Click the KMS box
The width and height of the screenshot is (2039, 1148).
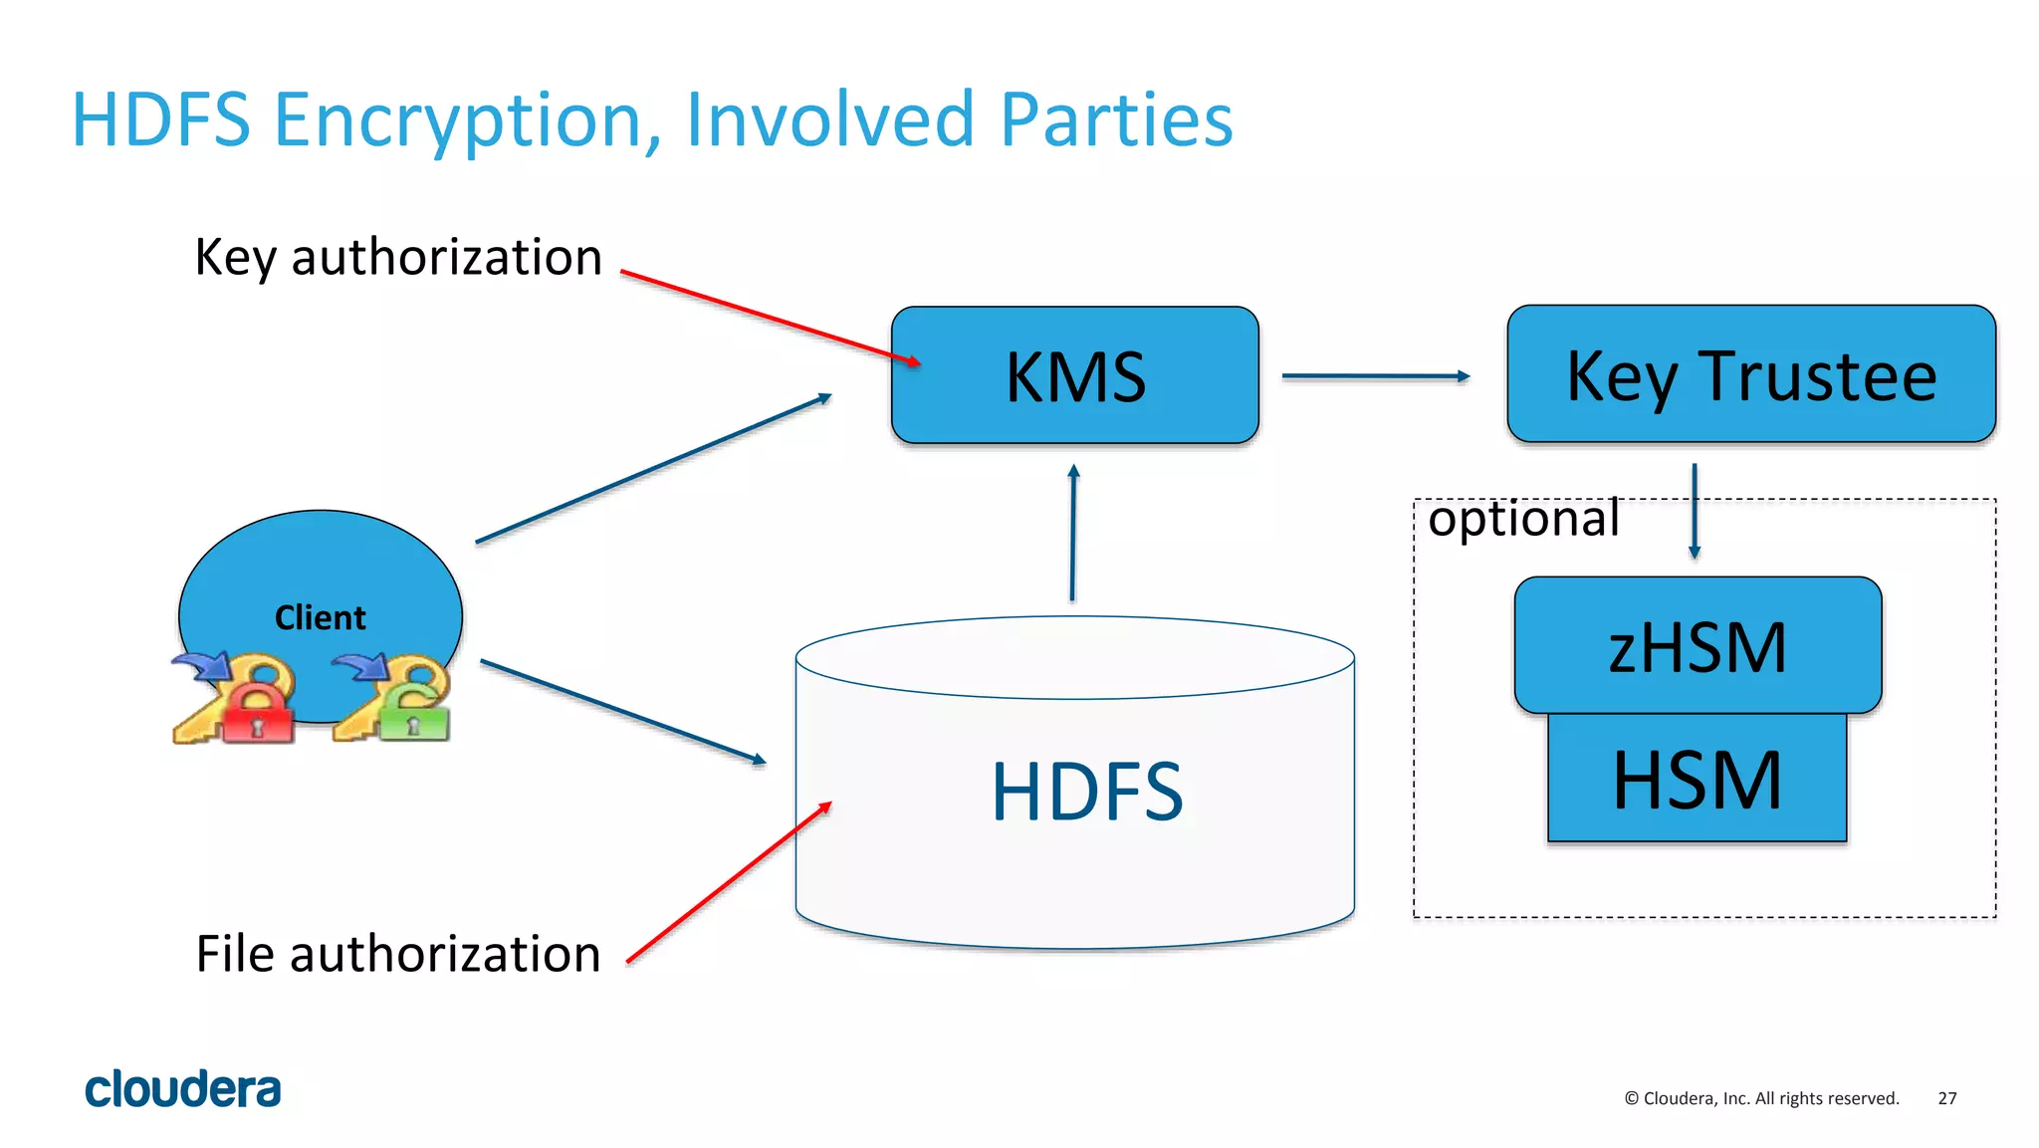(1074, 375)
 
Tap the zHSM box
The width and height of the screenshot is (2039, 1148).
(1697, 645)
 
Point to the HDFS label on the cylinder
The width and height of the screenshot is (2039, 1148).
(1086, 792)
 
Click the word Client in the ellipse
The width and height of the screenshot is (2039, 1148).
(320, 617)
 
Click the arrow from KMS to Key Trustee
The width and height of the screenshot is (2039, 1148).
(1374, 376)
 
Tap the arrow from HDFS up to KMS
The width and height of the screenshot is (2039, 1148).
(1072, 533)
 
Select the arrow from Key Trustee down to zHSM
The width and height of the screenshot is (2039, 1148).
(1694, 510)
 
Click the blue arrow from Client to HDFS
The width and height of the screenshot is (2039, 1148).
(622, 712)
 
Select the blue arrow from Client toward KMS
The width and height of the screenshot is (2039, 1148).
(652, 469)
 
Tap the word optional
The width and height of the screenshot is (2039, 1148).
(1522, 519)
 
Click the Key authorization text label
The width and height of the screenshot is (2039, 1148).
(398, 257)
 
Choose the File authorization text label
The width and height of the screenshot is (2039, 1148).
(398, 954)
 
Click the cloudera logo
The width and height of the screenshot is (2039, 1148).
(183, 1089)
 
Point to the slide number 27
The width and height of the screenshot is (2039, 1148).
(1946, 1098)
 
